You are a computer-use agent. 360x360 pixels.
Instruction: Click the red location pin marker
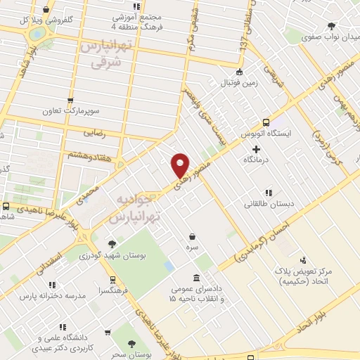click(181, 165)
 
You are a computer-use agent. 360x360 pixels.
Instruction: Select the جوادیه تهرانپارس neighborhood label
click(134, 207)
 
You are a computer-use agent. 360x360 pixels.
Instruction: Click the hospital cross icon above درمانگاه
click(255, 149)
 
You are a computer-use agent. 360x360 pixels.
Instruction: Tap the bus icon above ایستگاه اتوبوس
click(266, 121)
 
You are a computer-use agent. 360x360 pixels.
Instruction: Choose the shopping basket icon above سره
click(192, 237)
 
